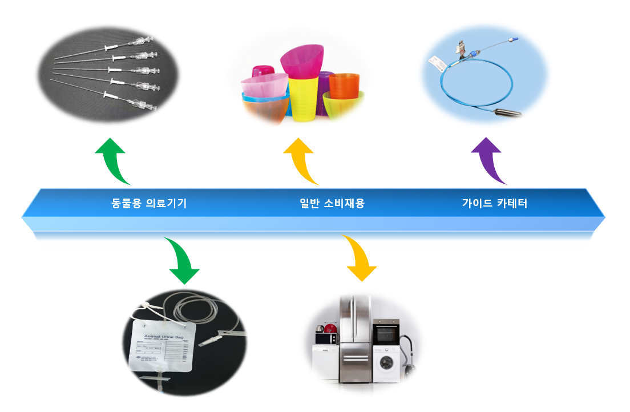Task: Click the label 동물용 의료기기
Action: point(149,203)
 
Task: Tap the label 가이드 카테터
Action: point(494,203)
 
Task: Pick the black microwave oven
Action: point(326,338)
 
